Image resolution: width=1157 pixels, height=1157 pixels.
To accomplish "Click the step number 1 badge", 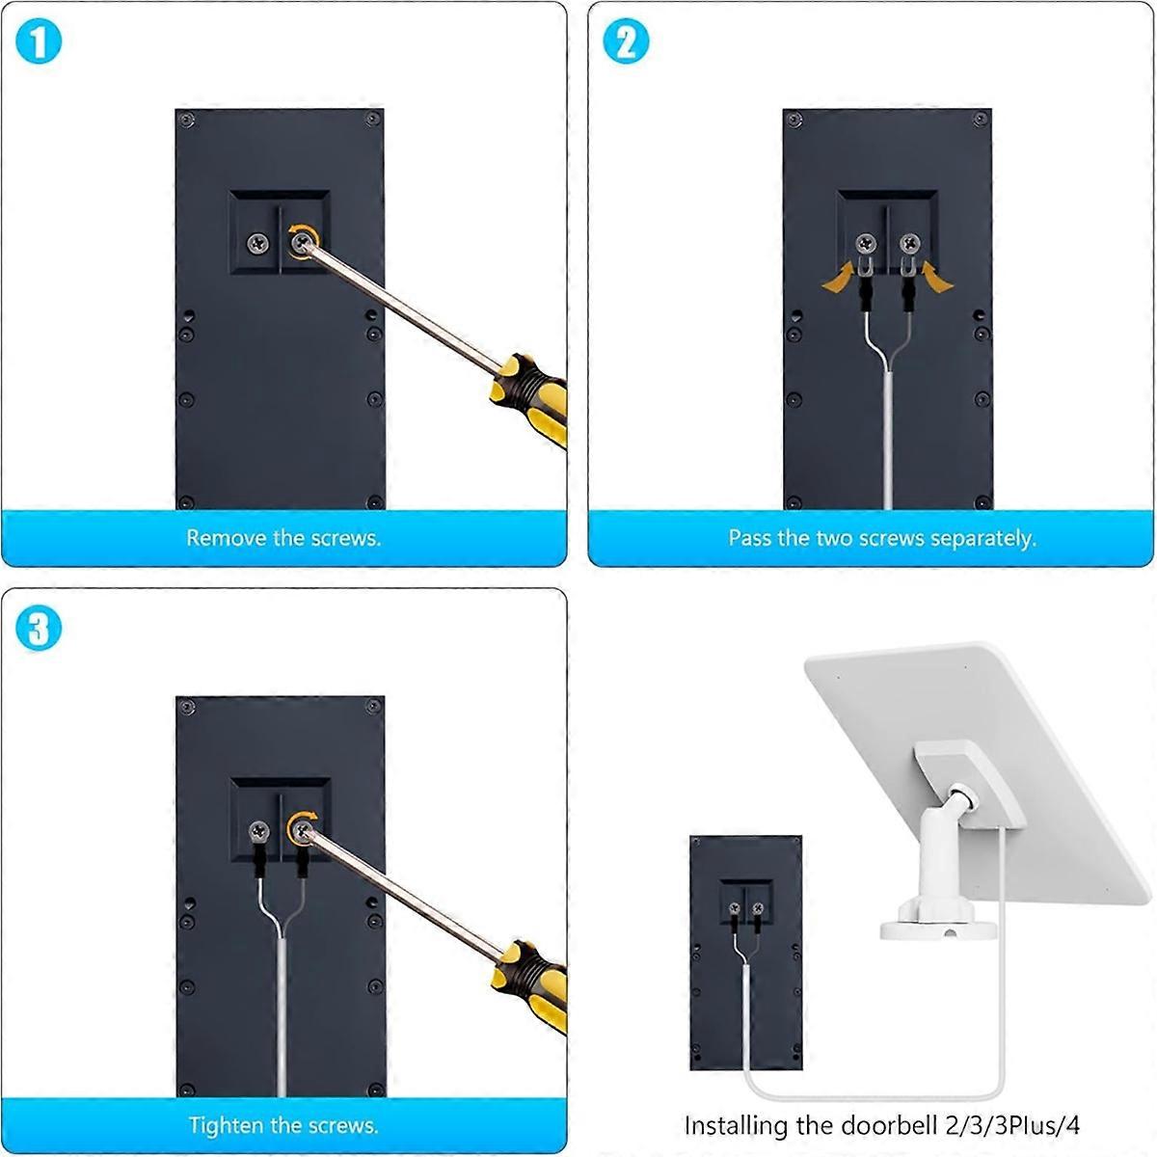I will point(39,43).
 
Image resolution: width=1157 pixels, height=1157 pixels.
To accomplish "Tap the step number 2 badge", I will point(626,43).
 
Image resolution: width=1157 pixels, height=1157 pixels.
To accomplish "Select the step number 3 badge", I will point(39,630).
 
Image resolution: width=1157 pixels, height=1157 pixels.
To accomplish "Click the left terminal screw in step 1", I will point(257,243).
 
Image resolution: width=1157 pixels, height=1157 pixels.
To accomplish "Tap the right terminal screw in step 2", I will point(909,243).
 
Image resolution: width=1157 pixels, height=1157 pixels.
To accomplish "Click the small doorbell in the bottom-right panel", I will point(745,950).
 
